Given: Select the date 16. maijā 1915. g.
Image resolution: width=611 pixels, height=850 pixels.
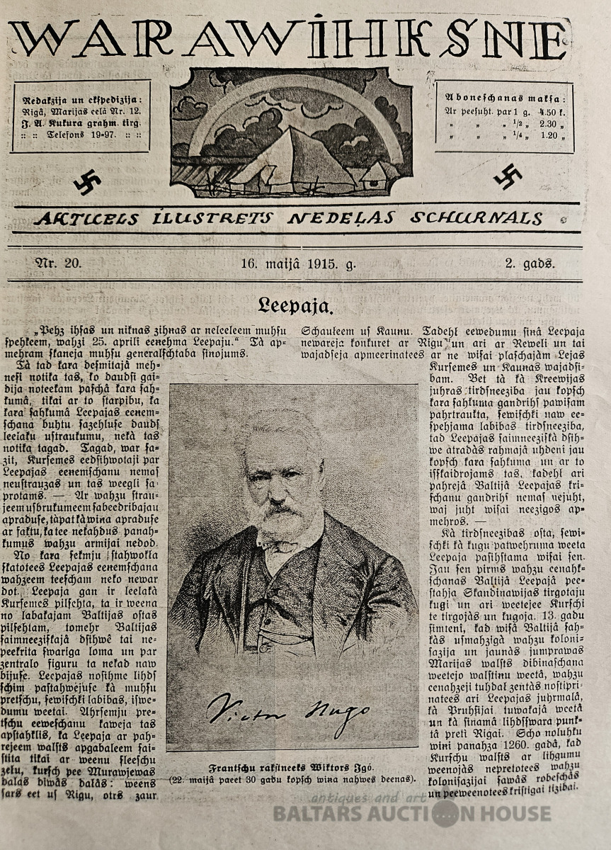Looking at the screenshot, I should point(298,264).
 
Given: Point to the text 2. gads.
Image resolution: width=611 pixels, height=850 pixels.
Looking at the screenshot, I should point(530,264).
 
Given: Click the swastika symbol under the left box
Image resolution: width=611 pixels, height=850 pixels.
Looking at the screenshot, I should point(86,183).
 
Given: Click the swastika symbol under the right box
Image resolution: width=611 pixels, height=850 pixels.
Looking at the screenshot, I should point(508,176).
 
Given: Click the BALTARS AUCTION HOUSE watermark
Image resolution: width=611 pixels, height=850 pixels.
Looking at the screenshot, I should point(411,814).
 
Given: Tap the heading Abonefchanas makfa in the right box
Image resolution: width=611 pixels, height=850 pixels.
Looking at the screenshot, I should point(504,98).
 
